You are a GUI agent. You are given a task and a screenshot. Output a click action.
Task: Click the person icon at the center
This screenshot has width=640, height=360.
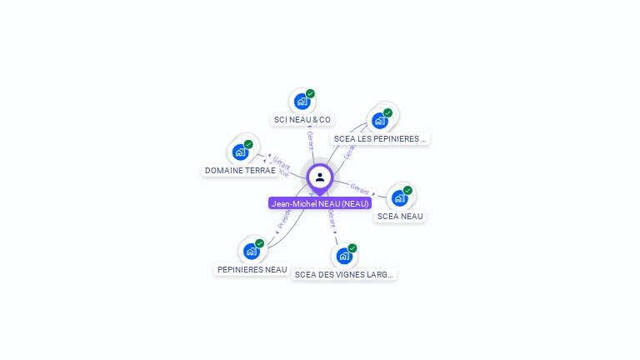click(320, 177)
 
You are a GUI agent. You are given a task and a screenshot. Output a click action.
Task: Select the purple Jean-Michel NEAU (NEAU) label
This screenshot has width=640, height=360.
click(320, 203)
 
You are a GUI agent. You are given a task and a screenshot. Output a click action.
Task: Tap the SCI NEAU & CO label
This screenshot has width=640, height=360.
click(302, 120)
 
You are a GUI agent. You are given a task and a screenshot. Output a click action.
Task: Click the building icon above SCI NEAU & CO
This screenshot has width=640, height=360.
click(302, 102)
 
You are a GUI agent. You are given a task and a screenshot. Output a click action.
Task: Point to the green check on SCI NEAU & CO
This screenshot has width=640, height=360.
click(310, 93)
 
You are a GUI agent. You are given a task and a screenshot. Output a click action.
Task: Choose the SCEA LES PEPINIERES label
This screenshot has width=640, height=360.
click(380, 139)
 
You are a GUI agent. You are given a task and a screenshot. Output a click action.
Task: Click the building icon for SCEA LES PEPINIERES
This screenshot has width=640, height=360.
click(380, 121)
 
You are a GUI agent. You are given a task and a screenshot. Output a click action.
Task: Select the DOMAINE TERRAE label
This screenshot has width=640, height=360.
click(240, 171)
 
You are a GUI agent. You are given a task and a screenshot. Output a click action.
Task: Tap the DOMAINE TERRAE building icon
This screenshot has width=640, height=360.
click(240, 152)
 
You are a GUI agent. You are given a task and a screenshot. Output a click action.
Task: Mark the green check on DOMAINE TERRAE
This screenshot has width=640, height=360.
click(248, 144)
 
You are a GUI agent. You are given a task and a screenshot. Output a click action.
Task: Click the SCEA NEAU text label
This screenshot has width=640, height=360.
click(400, 217)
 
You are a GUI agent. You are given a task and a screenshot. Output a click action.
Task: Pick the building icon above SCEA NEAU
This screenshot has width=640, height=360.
click(400, 198)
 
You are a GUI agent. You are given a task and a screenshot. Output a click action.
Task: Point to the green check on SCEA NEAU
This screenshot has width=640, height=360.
click(407, 190)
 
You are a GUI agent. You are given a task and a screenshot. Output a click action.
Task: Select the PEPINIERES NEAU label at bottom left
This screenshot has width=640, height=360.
click(252, 270)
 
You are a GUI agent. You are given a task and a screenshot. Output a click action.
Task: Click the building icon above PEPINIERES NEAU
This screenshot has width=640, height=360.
click(252, 251)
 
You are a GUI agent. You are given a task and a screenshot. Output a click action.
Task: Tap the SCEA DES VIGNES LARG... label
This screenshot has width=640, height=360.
click(344, 274)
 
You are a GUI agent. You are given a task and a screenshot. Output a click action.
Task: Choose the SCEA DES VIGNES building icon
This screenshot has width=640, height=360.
click(344, 256)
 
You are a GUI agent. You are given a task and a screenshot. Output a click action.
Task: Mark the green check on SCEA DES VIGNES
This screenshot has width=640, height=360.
click(352, 247)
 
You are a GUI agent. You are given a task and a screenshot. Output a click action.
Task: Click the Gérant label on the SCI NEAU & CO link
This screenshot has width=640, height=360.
click(310, 139)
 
